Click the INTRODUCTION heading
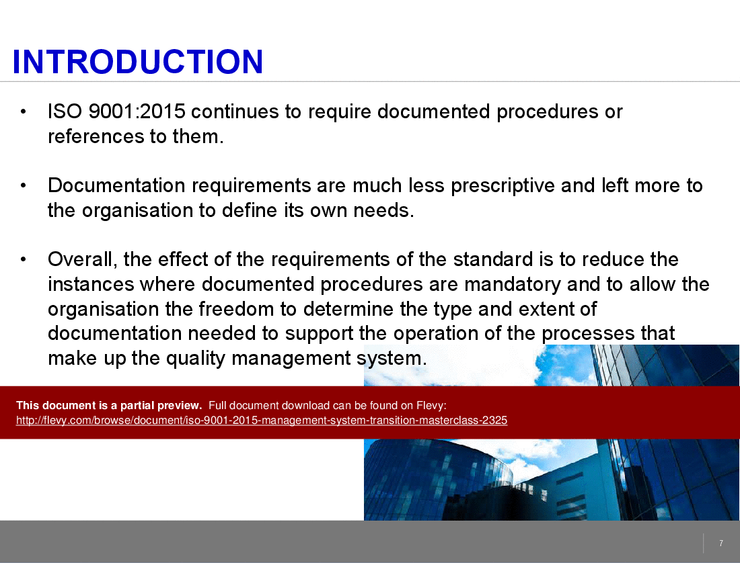click(137, 62)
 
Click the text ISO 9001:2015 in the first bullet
click(116, 112)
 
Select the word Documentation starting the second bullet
click(116, 185)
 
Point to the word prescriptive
click(503, 186)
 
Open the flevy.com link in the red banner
click(262, 421)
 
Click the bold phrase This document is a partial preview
click(109, 406)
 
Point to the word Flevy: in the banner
click(431, 406)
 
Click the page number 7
click(721, 543)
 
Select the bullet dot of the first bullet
click(23, 112)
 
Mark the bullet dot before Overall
click(23, 259)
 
